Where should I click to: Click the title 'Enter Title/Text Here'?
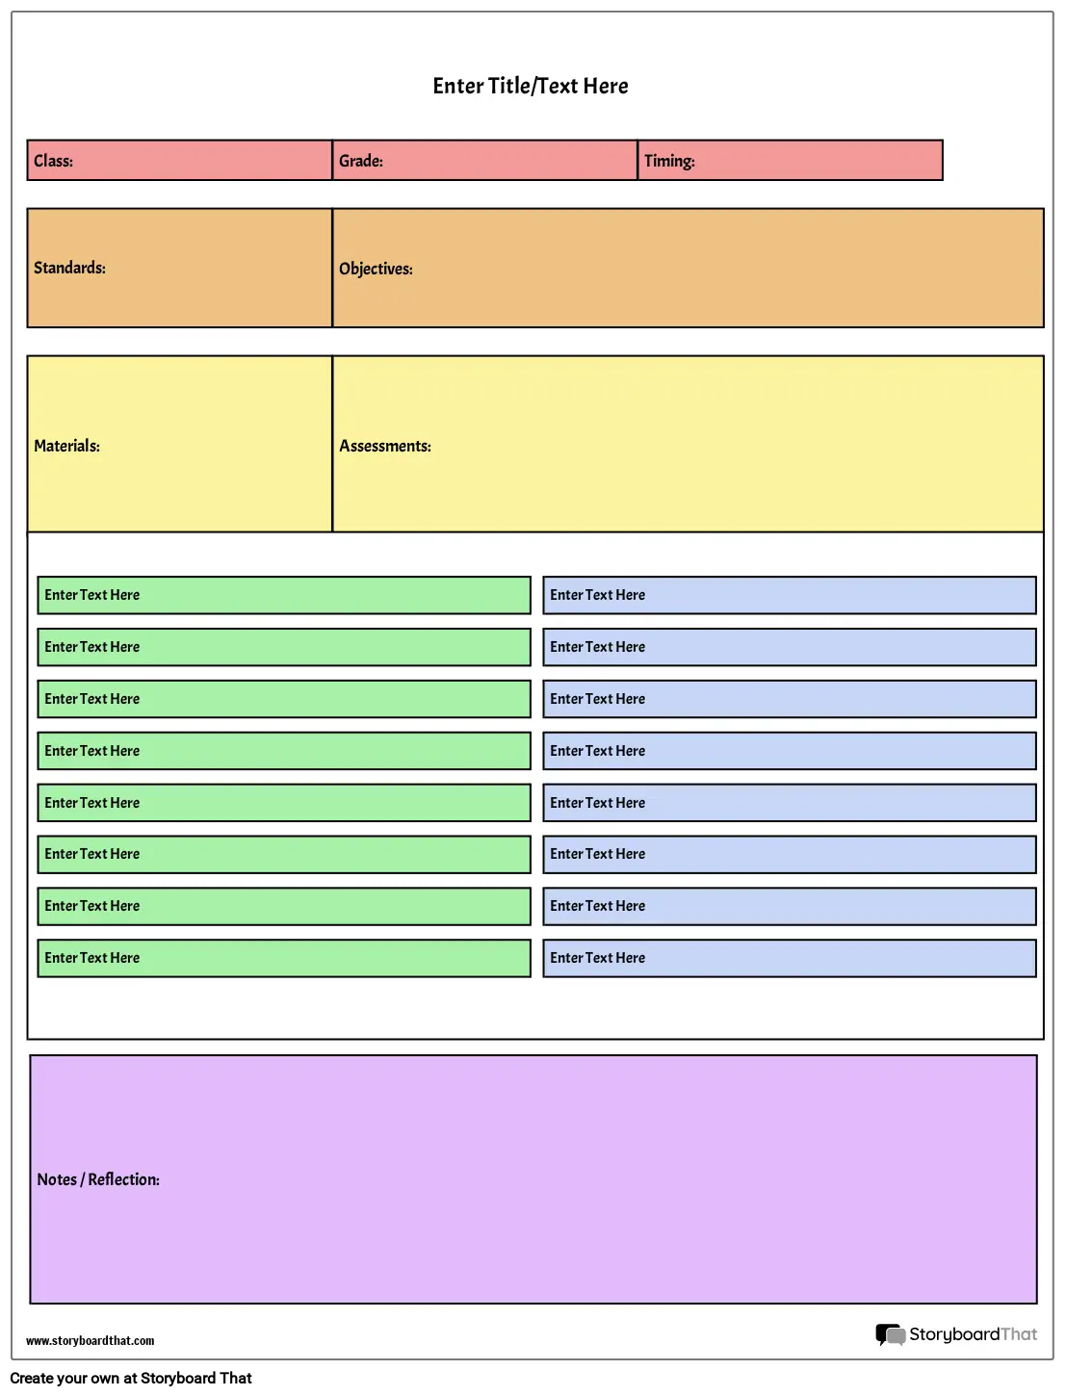tap(531, 86)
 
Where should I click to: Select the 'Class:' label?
tap(53, 161)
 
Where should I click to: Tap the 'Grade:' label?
tap(361, 161)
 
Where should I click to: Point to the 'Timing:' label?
tap(669, 161)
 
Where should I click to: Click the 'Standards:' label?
tap(70, 268)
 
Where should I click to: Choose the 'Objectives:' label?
tap(376, 269)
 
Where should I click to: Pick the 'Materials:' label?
tap(66, 446)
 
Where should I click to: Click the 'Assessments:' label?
tap(385, 446)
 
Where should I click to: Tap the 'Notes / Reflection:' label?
tap(98, 1179)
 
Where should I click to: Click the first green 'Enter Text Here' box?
tap(284, 595)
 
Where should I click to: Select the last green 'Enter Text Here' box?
tap(284, 958)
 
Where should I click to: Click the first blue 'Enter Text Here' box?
tap(790, 595)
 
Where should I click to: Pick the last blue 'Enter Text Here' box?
tap(790, 958)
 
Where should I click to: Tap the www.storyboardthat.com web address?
tap(91, 1341)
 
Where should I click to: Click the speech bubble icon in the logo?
tap(891, 1335)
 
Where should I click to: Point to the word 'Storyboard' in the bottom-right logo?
tap(954, 1334)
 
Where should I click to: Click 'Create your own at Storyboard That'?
tap(131, 1379)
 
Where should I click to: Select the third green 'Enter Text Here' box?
tap(284, 699)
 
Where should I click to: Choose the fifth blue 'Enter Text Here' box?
tap(790, 803)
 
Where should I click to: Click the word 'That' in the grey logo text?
tap(1019, 1333)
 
